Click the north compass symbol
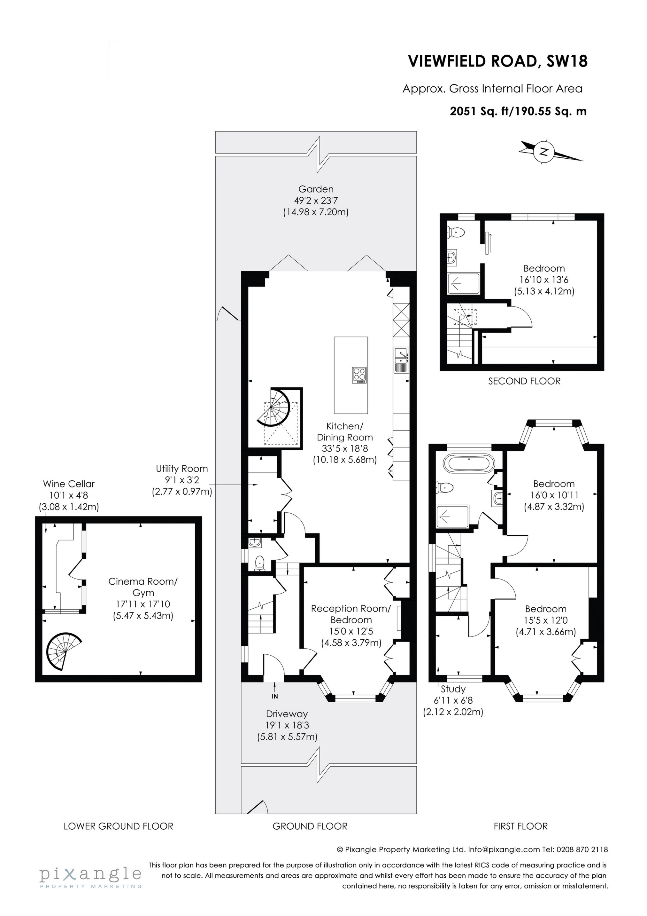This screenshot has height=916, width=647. coord(544,152)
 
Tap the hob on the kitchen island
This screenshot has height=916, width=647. coord(359,375)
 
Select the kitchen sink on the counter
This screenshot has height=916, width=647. coord(400,360)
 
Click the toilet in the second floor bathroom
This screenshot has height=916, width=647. coord(457,232)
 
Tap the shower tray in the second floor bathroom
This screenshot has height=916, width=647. coord(463,284)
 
